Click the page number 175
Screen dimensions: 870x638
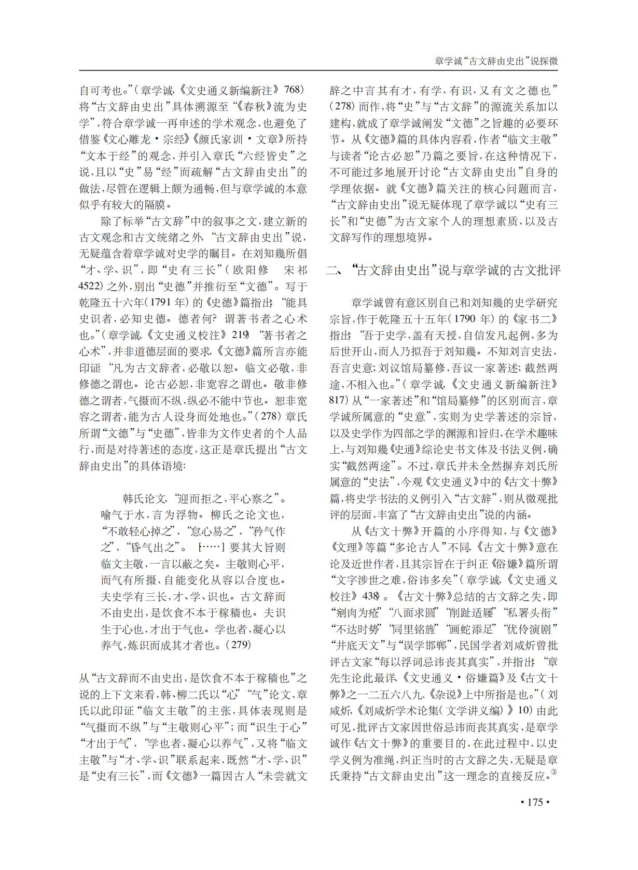point(534,802)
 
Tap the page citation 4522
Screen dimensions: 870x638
point(91,286)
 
